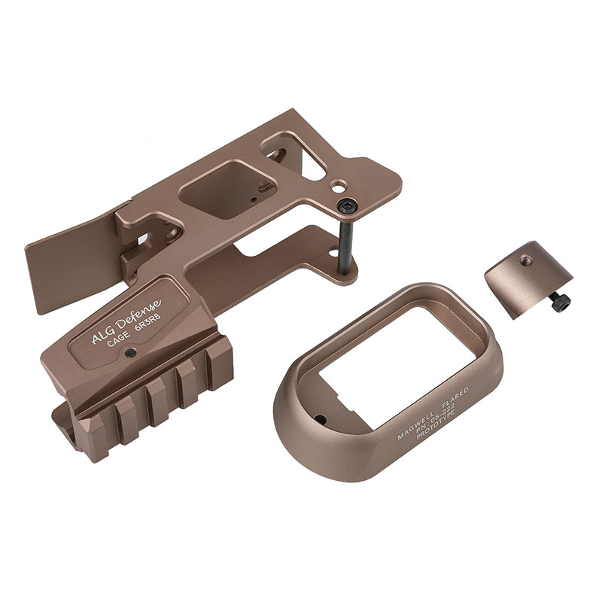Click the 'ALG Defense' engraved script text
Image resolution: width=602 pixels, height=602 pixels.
tap(126, 321)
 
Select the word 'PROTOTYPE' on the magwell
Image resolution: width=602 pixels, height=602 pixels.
tap(436, 424)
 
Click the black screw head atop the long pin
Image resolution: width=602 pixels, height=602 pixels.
tap(347, 207)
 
